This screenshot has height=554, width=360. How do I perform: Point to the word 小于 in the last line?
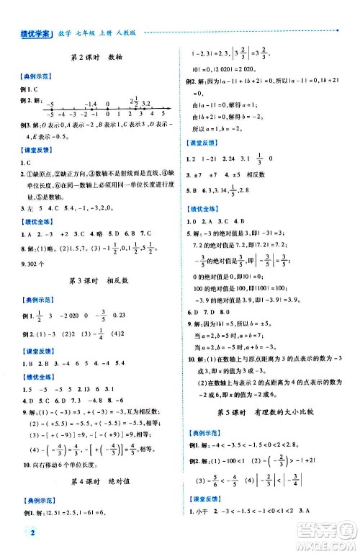(199, 535)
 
